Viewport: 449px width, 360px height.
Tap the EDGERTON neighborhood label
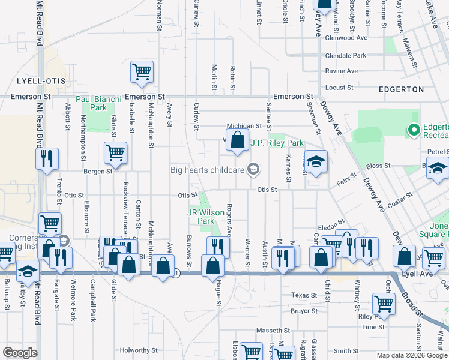coord(402,89)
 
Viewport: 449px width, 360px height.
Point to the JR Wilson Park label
coord(202,217)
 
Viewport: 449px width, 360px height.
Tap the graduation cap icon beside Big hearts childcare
coord(253,169)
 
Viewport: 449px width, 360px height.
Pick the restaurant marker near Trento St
coord(47,159)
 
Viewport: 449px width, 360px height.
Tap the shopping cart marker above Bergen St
coord(115,152)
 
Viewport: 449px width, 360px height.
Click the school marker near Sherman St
coord(316,161)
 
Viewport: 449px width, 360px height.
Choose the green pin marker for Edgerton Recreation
coord(413,128)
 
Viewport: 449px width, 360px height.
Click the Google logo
coord(20,353)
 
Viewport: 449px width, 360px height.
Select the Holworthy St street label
coord(138,350)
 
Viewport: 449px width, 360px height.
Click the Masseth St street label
coord(273,331)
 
